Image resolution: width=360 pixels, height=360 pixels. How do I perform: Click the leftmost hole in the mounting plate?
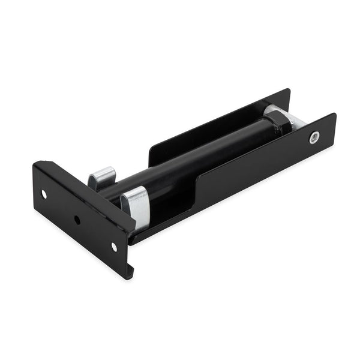(44, 194)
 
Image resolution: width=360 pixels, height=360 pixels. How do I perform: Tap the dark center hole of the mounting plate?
(77, 220)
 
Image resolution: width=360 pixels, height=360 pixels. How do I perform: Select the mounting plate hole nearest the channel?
(114, 247)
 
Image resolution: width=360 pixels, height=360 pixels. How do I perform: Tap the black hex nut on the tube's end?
(277, 124)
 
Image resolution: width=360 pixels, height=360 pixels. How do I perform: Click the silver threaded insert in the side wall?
(313, 137)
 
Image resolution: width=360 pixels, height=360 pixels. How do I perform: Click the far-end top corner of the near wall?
(334, 114)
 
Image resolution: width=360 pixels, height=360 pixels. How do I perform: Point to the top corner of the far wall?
(288, 90)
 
